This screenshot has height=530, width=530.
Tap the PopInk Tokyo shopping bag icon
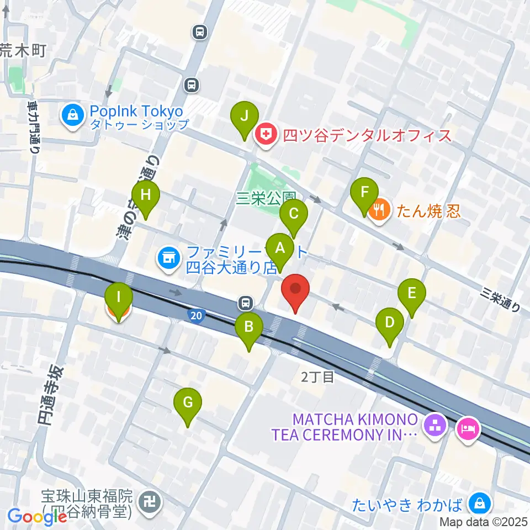click(x=73, y=116)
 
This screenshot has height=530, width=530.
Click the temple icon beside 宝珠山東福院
click(x=151, y=502)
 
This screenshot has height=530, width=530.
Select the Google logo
click(x=38, y=517)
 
